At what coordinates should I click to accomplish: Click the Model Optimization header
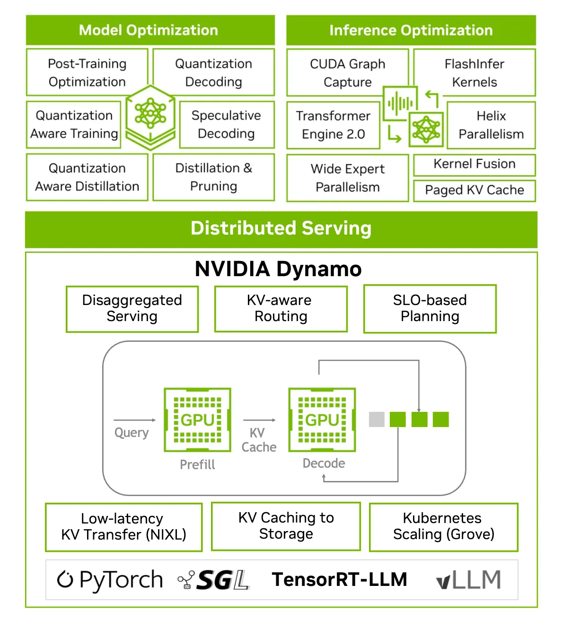click(x=150, y=30)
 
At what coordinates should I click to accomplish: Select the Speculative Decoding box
click(x=227, y=124)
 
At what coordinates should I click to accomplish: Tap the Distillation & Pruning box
click(x=214, y=177)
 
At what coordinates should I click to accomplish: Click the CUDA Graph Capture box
click(x=347, y=73)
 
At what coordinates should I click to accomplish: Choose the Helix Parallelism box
click(x=491, y=125)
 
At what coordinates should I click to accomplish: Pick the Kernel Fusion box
click(x=474, y=164)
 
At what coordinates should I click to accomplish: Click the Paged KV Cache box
click(x=474, y=190)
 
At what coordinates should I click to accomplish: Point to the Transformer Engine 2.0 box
click(x=333, y=125)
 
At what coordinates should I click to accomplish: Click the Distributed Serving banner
click(x=281, y=229)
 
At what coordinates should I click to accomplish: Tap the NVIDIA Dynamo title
click(x=278, y=269)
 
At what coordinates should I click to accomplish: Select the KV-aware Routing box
click(x=281, y=308)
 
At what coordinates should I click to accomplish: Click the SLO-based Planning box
click(x=430, y=308)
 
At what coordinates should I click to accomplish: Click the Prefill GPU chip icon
click(x=197, y=419)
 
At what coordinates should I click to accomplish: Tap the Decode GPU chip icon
click(x=322, y=419)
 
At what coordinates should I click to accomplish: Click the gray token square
click(x=377, y=419)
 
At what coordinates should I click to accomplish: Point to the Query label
click(x=132, y=433)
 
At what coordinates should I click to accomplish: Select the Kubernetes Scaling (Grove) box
click(x=443, y=526)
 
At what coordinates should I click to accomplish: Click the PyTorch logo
click(x=110, y=580)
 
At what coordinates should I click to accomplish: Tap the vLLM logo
click(x=468, y=580)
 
